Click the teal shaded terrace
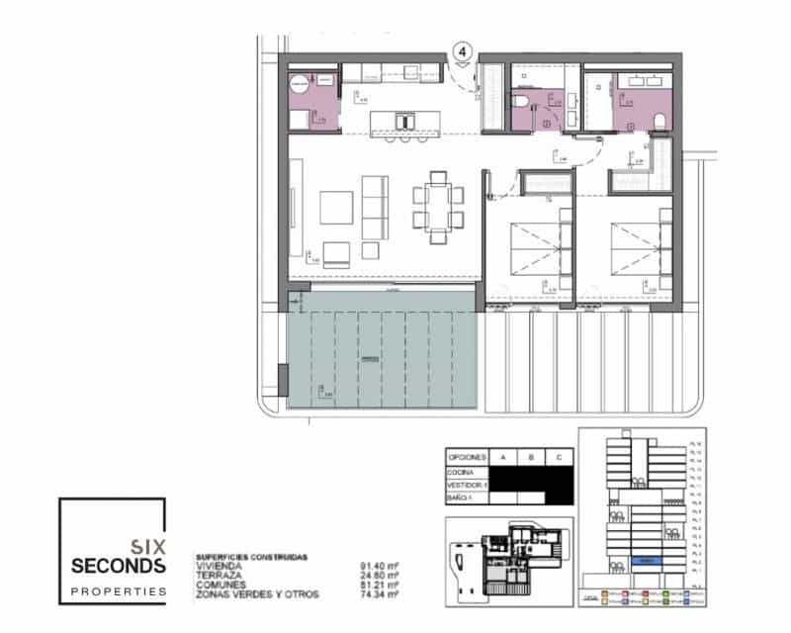[x=382, y=362]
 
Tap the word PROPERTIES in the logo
[x=119, y=590]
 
